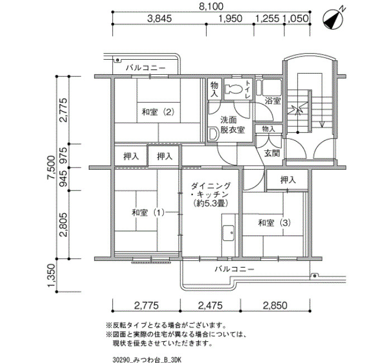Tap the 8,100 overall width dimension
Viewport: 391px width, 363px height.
pyautogui.click(x=211, y=7)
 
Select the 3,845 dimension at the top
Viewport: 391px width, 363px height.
pyautogui.click(x=159, y=18)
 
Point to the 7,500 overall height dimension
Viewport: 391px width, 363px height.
pyautogui.click(x=51, y=167)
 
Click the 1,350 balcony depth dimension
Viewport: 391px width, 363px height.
pyautogui.click(x=51, y=275)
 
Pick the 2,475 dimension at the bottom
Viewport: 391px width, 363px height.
pyautogui.click(x=210, y=305)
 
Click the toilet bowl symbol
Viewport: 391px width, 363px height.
pyautogui.click(x=233, y=89)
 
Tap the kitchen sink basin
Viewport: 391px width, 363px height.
pyautogui.click(x=228, y=233)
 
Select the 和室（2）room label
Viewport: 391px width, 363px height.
pyautogui.click(x=158, y=112)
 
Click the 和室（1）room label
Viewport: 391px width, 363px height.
pyautogui.click(x=148, y=213)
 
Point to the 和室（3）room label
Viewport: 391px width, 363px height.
pyautogui.click(x=274, y=223)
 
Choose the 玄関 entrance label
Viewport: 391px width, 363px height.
pyautogui.click(x=272, y=154)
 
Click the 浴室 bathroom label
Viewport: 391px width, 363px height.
pyautogui.click(x=273, y=101)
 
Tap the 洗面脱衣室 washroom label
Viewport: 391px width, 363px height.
pyautogui.click(x=232, y=125)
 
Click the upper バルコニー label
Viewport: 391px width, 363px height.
pyautogui.click(x=145, y=68)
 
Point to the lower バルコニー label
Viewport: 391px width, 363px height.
pyautogui.click(x=235, y=269)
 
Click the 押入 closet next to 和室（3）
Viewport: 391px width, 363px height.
pyautogui.click(x=288, y=179)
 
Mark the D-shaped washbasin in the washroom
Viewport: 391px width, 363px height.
pyautogui.click(x=212, y=134)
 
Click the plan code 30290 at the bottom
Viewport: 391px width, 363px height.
pyautogui.click(x=121, y=360)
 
